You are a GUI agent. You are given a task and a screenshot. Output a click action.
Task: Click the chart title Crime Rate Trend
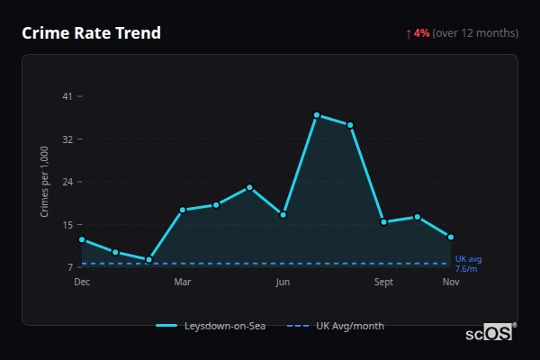(x=91, y=33)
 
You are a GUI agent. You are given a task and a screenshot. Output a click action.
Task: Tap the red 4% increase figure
(x=422, y=33)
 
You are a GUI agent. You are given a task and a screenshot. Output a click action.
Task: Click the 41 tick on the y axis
(x=67, y=96)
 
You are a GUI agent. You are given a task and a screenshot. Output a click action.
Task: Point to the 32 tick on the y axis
(x=67, y=139)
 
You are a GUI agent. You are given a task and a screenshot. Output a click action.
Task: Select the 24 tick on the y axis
(x=67, y=182)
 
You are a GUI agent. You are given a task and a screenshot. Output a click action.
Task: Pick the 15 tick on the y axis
(x=67, y=225)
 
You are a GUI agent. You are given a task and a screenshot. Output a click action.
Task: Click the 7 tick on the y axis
(x=69, y=267)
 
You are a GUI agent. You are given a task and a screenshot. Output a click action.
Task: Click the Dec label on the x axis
(x=82, y=282)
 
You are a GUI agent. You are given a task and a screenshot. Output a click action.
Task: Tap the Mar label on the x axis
(x=183, y=282)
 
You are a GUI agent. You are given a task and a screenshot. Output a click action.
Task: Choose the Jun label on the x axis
(x=283, y=282)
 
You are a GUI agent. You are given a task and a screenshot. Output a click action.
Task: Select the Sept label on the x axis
(x=383, y=282)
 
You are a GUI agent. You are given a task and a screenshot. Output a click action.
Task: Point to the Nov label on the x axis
(x=451, y=282)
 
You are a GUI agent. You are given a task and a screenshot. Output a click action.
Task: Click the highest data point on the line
(x=317, y=115)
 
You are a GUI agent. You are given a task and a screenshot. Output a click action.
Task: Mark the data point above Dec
(x=82, y=239)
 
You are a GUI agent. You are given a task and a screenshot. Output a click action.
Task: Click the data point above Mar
(x=183, y=210)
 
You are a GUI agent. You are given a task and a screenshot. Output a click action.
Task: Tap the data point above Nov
(x=451, y=237)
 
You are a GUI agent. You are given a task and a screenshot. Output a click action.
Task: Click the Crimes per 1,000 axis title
(x=44, y=182)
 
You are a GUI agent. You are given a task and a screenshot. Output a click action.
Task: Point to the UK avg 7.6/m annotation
(x=467, y=264)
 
